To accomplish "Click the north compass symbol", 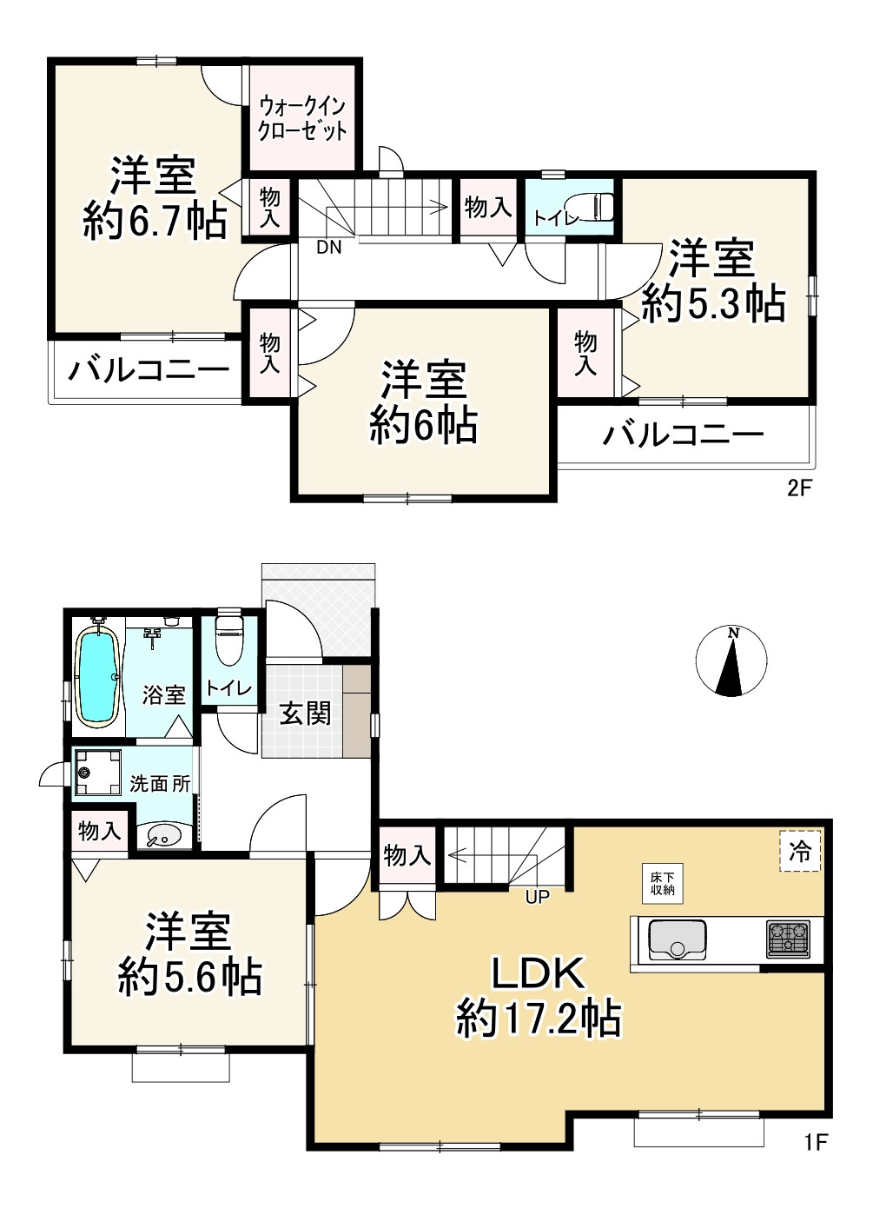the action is pyautogui.click(x=731, y=660).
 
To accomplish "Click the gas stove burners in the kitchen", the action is pyautogui.click(x=789, y=939).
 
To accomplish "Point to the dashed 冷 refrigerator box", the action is pyautogui.click(x=800, y=852).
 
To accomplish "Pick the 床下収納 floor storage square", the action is pyautogui.click(x=662, y=884).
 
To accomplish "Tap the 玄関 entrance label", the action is pyautogui.click(x=305, y=715).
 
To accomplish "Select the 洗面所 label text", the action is pyautogui.click(x=160, y=783).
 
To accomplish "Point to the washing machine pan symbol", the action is pyautogui.click(x=98, y=773).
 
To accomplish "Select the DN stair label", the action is pyautogui.click(x=328, y=248).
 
